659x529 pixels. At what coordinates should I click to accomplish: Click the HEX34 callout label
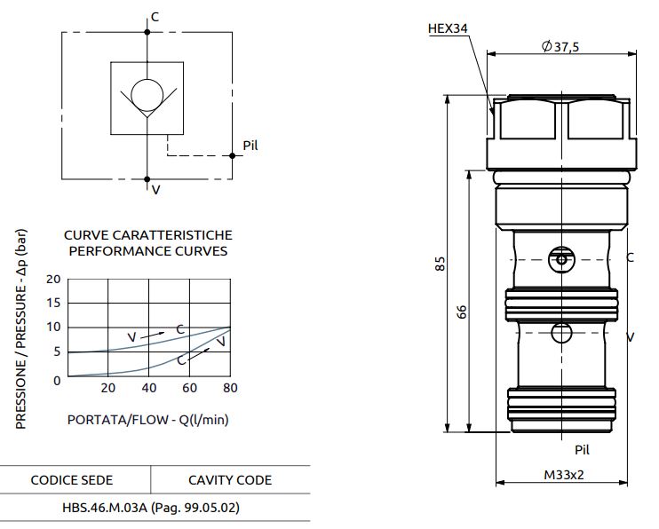pos(448,28)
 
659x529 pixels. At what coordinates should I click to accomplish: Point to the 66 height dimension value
pos(463,312)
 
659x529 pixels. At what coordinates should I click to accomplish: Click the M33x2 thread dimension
pos(564,474)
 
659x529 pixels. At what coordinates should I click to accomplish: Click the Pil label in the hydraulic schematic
pos(250,146)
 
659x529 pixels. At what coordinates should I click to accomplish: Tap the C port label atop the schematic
pos(155,17)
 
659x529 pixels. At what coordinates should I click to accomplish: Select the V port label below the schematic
pos(155,189)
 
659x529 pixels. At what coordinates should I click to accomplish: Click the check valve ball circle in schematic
pos(147,96)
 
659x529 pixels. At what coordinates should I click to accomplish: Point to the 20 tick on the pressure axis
pos(53,279)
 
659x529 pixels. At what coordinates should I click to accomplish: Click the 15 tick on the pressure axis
pos(53,303)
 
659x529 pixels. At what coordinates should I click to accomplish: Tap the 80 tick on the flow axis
pos(230,388)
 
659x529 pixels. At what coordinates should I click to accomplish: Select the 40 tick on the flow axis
pos(148,388)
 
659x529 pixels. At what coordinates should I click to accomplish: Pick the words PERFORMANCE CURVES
pos(147,250)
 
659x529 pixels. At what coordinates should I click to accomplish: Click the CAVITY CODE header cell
pos(230,480)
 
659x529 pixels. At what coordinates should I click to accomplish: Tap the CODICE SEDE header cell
pos(72,480)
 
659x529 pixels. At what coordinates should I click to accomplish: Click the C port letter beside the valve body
pos(630,258)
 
